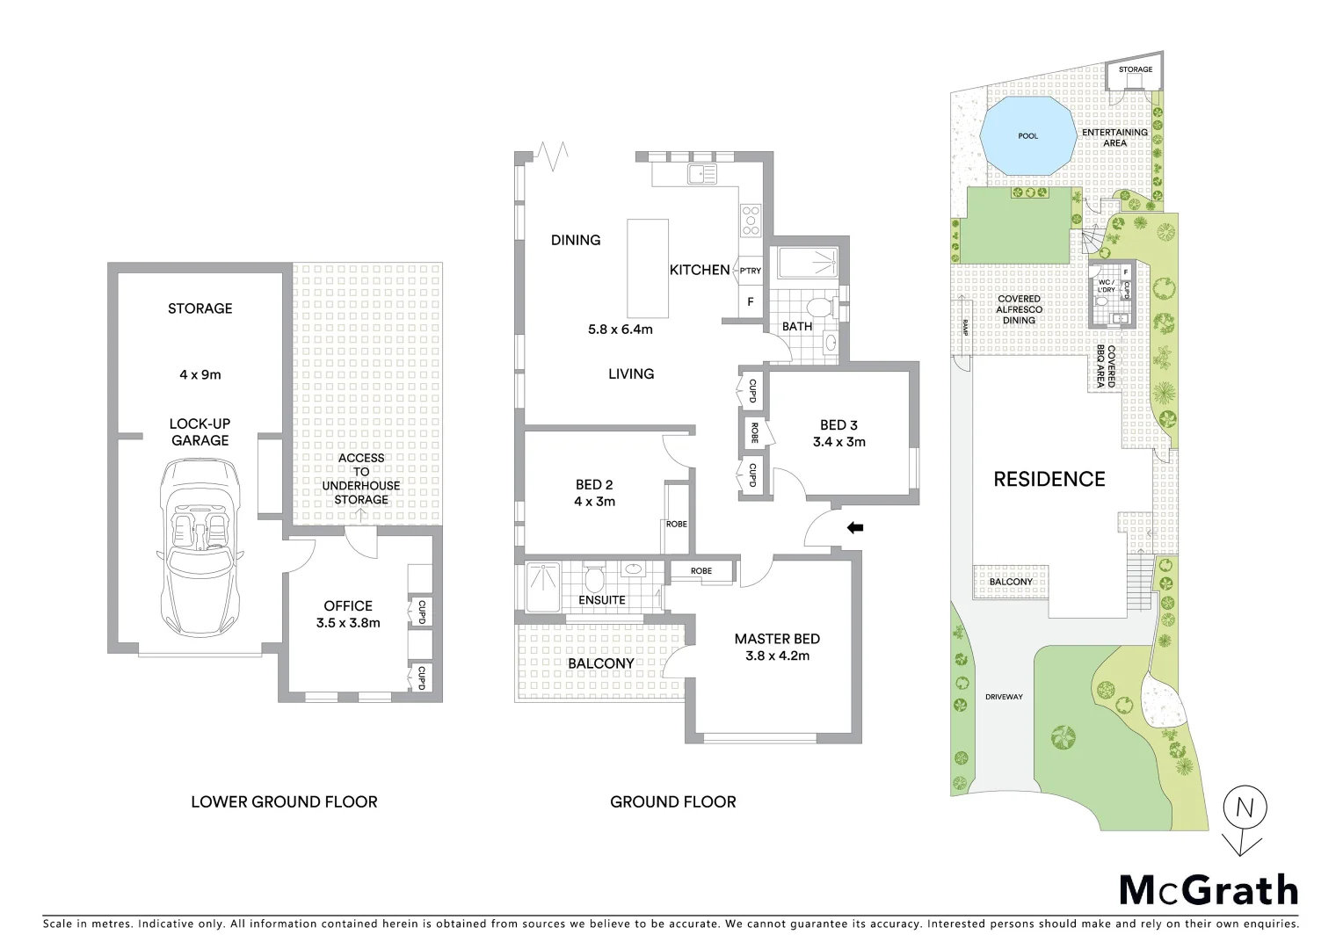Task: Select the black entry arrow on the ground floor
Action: click(854, 528)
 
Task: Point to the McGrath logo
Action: click(1208, 890)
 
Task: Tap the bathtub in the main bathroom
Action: click(806, 262)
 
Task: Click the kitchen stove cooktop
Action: click(751, 220)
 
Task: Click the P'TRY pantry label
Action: click(750, 271)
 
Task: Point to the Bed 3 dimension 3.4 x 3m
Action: click(838, 442)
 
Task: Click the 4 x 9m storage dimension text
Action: click(200, 374)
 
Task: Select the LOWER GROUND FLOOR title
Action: click(284, 801)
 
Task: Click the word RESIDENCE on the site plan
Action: click(1049, 479)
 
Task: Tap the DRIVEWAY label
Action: click(1004, 697)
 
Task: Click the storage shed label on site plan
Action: click(1135, 69)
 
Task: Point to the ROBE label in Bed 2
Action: click(676, 525)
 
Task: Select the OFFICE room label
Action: click(348, 605)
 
